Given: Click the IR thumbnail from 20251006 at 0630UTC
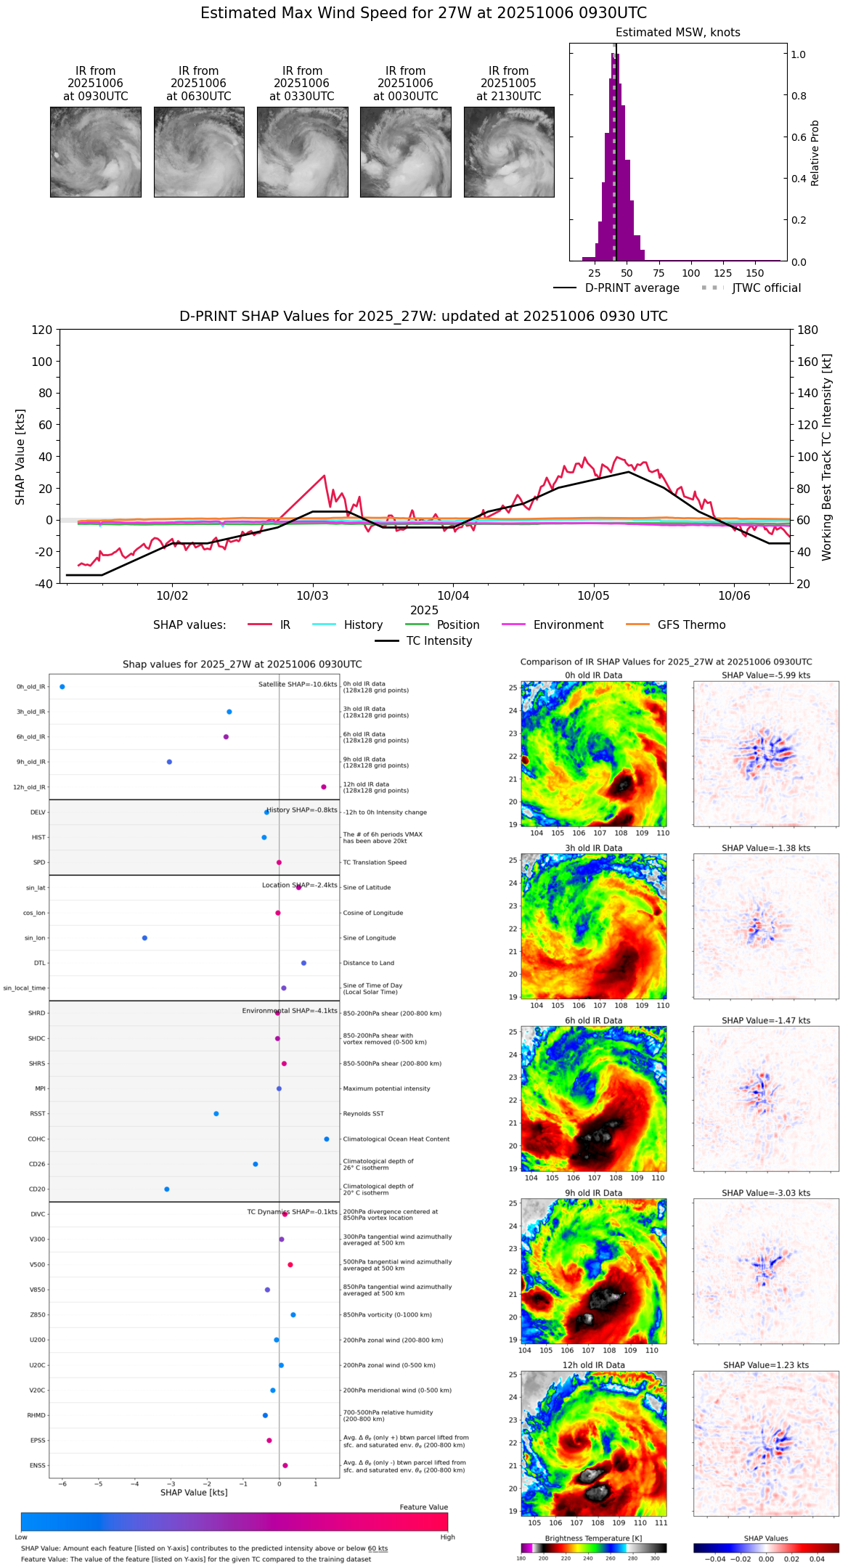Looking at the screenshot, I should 199,152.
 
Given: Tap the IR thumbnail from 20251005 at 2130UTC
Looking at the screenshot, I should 509,152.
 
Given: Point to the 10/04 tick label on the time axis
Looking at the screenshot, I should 453,596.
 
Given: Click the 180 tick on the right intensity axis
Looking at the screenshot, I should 808,330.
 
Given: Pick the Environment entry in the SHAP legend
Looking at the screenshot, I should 568,625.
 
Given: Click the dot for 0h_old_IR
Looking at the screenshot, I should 62,687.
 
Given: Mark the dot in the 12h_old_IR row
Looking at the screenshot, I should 324,787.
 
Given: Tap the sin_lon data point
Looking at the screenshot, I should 144,938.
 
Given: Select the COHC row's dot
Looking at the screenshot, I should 327,1139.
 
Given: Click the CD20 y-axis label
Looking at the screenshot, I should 37,1189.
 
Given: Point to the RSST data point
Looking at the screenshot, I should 216,1114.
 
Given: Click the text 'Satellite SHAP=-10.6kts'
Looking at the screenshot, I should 298,685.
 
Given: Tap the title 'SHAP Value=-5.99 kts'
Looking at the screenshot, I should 766,675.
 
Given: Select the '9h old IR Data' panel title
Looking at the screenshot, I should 593,1193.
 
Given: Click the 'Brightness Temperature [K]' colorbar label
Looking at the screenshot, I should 593,1539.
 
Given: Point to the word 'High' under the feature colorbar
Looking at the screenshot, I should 447,1537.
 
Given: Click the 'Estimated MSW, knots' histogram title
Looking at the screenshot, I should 677,33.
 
